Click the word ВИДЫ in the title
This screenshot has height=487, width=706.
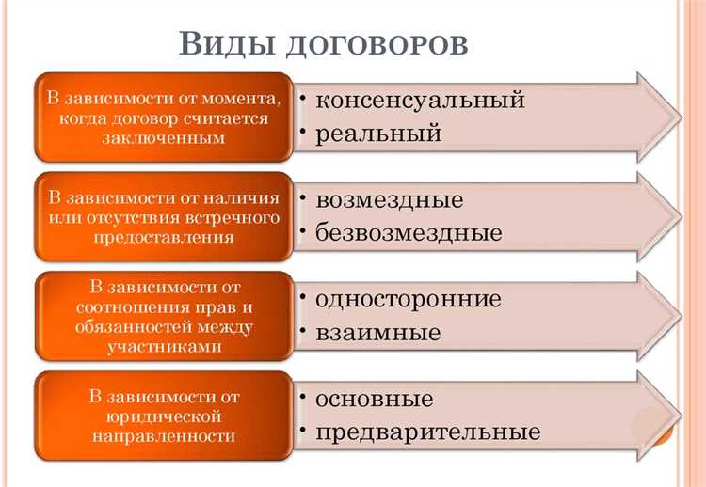221,45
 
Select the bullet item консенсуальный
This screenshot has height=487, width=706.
420,100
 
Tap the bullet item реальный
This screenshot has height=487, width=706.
378,134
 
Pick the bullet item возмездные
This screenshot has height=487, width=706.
390,199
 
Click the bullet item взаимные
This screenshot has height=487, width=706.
378,333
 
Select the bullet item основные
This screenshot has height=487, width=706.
375,399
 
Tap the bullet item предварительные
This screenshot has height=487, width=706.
428,432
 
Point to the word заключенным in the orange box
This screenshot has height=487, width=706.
165,137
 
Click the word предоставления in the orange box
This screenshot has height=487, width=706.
165,237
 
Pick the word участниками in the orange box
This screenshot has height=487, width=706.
165,345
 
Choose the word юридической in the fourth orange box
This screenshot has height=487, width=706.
165,415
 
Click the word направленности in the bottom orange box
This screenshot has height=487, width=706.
165,435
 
